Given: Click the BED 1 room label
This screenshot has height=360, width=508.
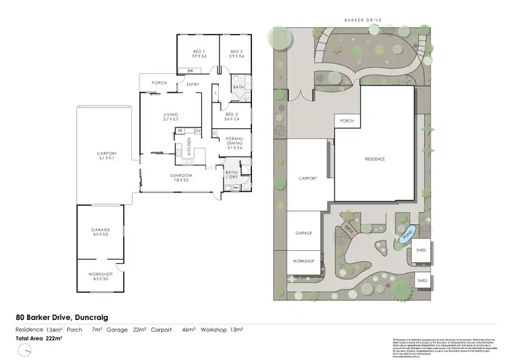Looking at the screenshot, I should click(199, 53).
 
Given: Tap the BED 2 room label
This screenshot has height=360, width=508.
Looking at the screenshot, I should click(236, 53).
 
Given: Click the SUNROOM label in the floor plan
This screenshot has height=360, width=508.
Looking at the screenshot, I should click(179, 178).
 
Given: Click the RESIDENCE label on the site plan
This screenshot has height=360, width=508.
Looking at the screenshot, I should click(375, 159).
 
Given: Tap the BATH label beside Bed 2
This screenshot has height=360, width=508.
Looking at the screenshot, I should click(238, 87).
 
